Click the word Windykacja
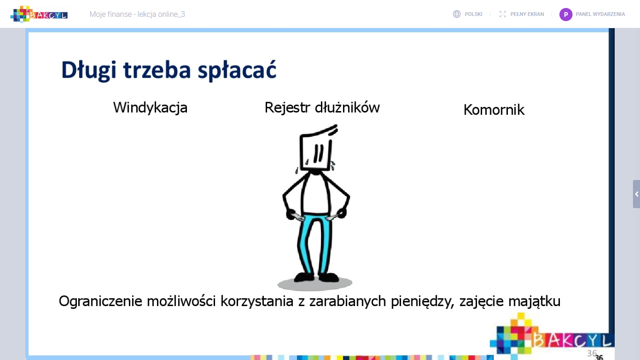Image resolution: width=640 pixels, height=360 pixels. click(150, 108)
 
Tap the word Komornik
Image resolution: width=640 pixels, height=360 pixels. click(494, 110)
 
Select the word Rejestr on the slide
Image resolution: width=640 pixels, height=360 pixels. click(287, 108)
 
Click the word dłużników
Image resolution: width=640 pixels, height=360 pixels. click(347, 107)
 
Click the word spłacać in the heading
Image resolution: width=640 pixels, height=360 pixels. click(237, 71)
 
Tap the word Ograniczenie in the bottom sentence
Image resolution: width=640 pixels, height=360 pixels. click(100, 301)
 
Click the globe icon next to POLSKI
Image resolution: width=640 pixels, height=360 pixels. click(456, 14)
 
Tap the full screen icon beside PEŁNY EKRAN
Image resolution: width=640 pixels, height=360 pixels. click(503, 14)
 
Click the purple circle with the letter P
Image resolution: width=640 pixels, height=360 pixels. click(566, 15)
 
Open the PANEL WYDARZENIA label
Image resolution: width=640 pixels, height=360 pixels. click(600, 15)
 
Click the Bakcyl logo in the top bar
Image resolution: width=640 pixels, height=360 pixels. click(39, 14)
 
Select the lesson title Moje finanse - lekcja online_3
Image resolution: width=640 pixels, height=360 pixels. click(137, 15)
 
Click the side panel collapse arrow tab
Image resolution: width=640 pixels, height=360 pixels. click(636, 194)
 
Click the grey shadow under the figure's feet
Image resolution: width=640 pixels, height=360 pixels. click(314, 284)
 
